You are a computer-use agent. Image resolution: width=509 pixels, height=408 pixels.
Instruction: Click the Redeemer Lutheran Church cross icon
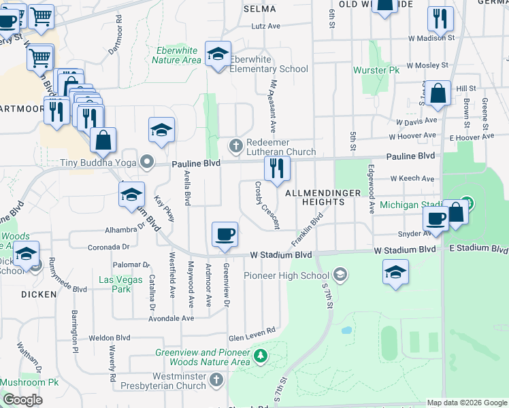pyautogui.click(x=235, y=145)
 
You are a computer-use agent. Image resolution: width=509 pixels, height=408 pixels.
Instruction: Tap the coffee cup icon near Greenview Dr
pyautogui.click(x=225, y=235)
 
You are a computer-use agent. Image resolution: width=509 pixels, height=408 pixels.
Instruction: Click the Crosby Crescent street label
pyautogui.click(x=267, y=205)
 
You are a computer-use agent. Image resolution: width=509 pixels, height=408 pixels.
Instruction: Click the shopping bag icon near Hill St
pyautogui.click(x=439, y=95)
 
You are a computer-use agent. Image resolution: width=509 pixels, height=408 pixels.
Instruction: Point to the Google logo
pyautogui.click(x=22, y=400)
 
